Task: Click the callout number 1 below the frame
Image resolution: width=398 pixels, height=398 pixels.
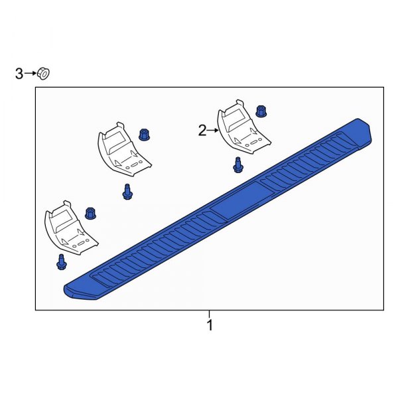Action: tap(210, 325)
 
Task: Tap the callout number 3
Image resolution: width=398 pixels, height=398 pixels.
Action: tap(19, 73)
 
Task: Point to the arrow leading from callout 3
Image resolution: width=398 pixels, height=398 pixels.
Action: tap(30, 73)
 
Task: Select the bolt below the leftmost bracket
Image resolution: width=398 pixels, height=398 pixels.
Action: tap(61, 261)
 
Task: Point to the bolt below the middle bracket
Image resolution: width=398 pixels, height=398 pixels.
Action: tap(127, 192)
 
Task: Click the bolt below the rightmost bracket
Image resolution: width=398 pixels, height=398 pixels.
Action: tap(238, 165)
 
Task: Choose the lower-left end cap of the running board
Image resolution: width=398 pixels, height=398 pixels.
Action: tap(78, 291)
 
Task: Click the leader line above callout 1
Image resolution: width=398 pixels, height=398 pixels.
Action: tap(210, 314)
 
